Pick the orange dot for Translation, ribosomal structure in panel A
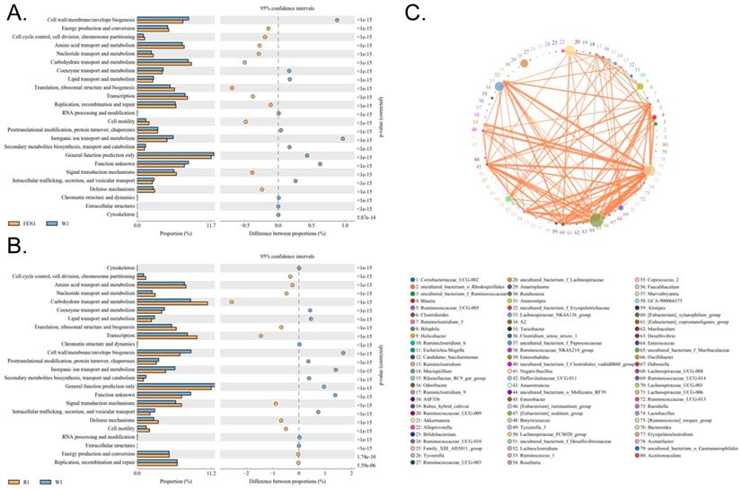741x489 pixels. tap(232, 88)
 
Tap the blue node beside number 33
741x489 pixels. tap(499, 87)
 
